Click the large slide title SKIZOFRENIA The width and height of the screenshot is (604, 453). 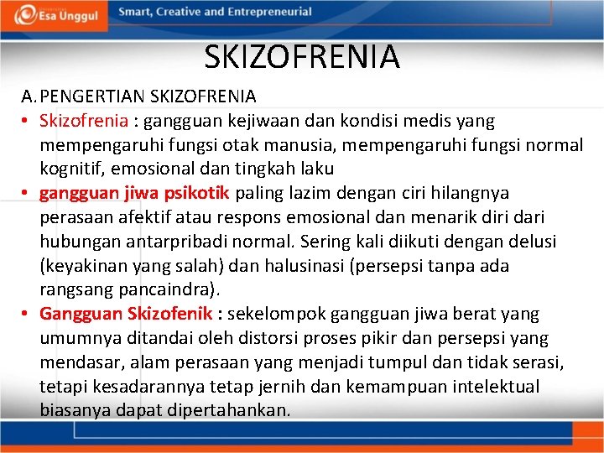[x=302, y=57]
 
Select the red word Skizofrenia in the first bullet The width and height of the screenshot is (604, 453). [x=82, y=121]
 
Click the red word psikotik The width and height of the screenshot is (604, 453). [x=198, y=194]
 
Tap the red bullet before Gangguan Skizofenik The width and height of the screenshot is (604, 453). [x=26, y=315]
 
